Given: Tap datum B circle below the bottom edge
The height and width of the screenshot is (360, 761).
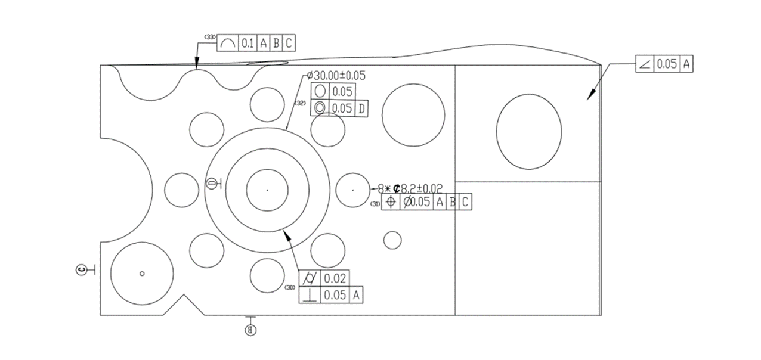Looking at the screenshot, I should point(251,328).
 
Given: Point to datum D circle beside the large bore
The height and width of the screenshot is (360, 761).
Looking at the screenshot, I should point(211,183).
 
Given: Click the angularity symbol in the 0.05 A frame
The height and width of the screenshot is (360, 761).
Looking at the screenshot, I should point(645,64).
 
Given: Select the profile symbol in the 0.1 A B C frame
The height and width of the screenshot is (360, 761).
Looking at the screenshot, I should point(227,43).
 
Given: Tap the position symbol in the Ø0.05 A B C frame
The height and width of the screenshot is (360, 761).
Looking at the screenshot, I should point(391,202).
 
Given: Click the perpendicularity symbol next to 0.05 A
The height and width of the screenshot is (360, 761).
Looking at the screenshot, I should point(310,294).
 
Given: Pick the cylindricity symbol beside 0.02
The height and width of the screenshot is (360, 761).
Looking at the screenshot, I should point(310,278).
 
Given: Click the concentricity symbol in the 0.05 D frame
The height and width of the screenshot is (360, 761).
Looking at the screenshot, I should point(320,108).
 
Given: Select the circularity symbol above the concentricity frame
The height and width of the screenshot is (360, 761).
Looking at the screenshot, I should point(320,91).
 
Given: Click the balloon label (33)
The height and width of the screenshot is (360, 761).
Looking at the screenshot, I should point(209,37).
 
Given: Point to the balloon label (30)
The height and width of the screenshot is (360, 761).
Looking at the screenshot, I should point(291,288).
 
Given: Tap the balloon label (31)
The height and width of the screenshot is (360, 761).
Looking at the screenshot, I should point(375,204).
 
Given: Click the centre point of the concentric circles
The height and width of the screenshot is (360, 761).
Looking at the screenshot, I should point(267,190).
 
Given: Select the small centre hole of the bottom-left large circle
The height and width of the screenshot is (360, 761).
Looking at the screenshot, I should point(142,274).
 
